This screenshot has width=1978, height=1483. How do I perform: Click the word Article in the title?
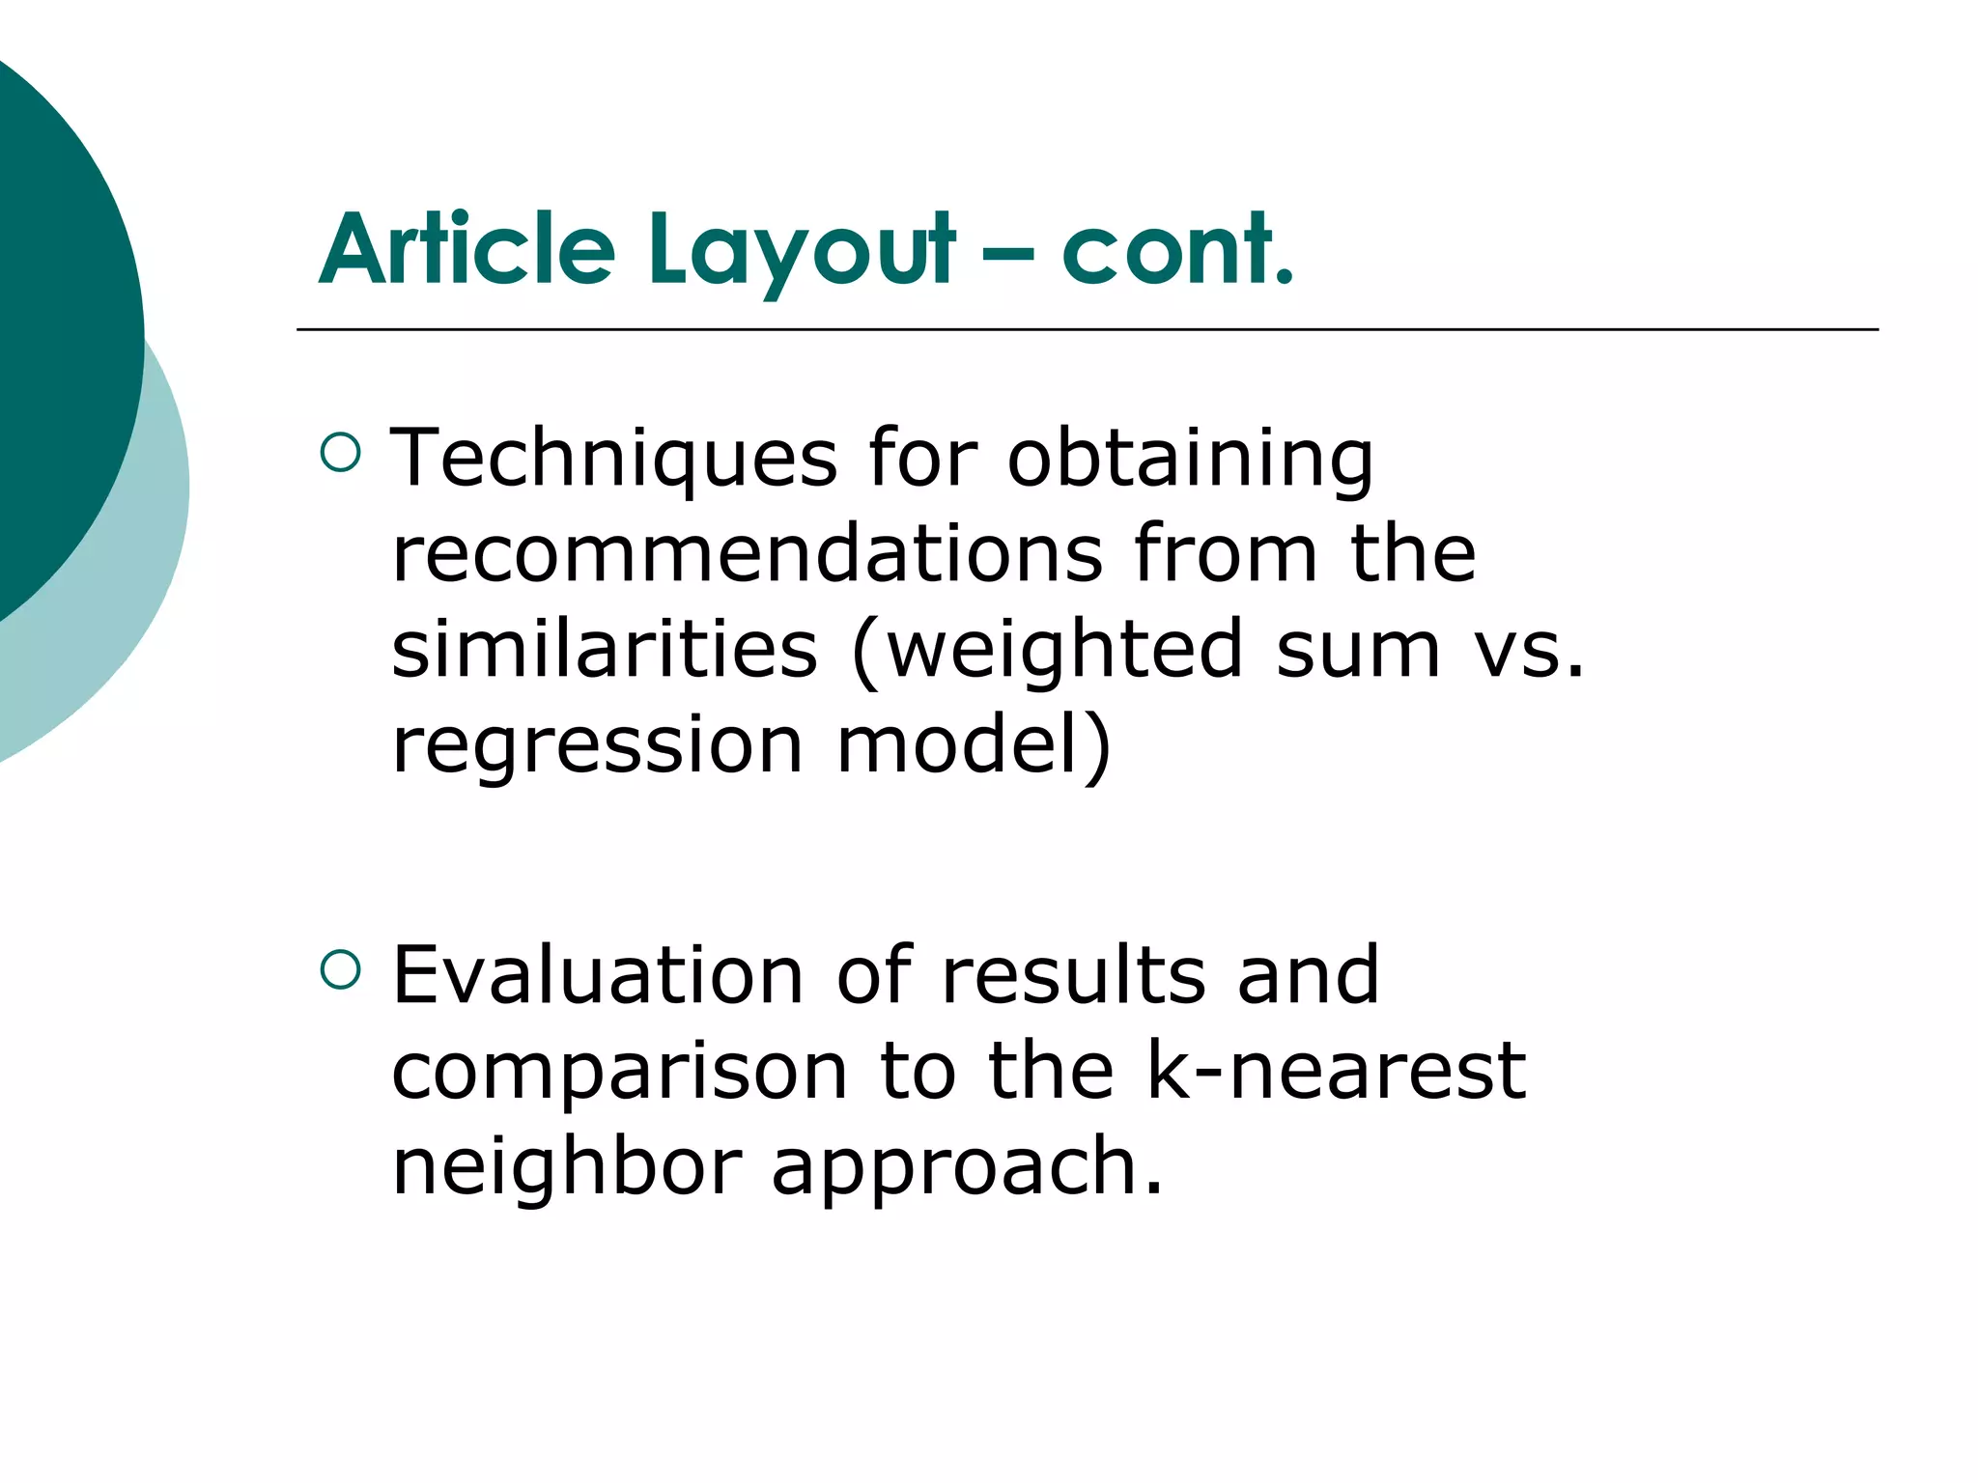467,250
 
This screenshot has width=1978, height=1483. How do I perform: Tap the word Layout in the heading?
803,253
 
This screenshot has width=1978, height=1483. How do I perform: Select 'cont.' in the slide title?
1177,250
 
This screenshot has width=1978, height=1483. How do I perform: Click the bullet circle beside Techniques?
340,451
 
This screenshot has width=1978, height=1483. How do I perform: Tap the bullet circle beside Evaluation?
340,969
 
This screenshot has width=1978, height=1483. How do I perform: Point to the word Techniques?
613,459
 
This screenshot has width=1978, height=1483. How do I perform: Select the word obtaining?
1190,461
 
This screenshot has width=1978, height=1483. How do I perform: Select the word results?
1074,975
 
